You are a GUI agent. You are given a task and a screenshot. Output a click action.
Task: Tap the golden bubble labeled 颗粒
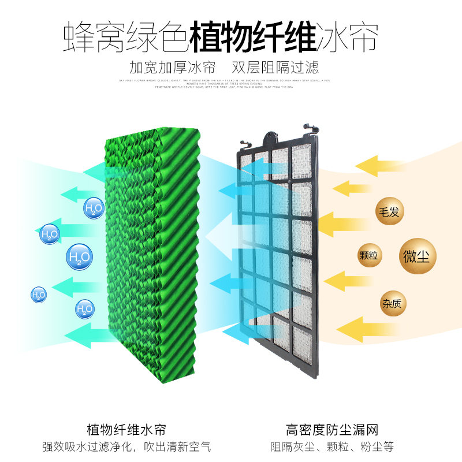tap(368, 255)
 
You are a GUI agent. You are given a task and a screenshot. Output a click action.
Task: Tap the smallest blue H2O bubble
tap(39, 295)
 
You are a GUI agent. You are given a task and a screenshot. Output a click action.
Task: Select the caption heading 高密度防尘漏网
tap(332, 430)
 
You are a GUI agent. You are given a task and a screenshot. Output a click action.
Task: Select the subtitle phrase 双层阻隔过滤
tap(275, 66)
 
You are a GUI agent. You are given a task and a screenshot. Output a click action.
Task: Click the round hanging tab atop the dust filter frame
tap(273, 137)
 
